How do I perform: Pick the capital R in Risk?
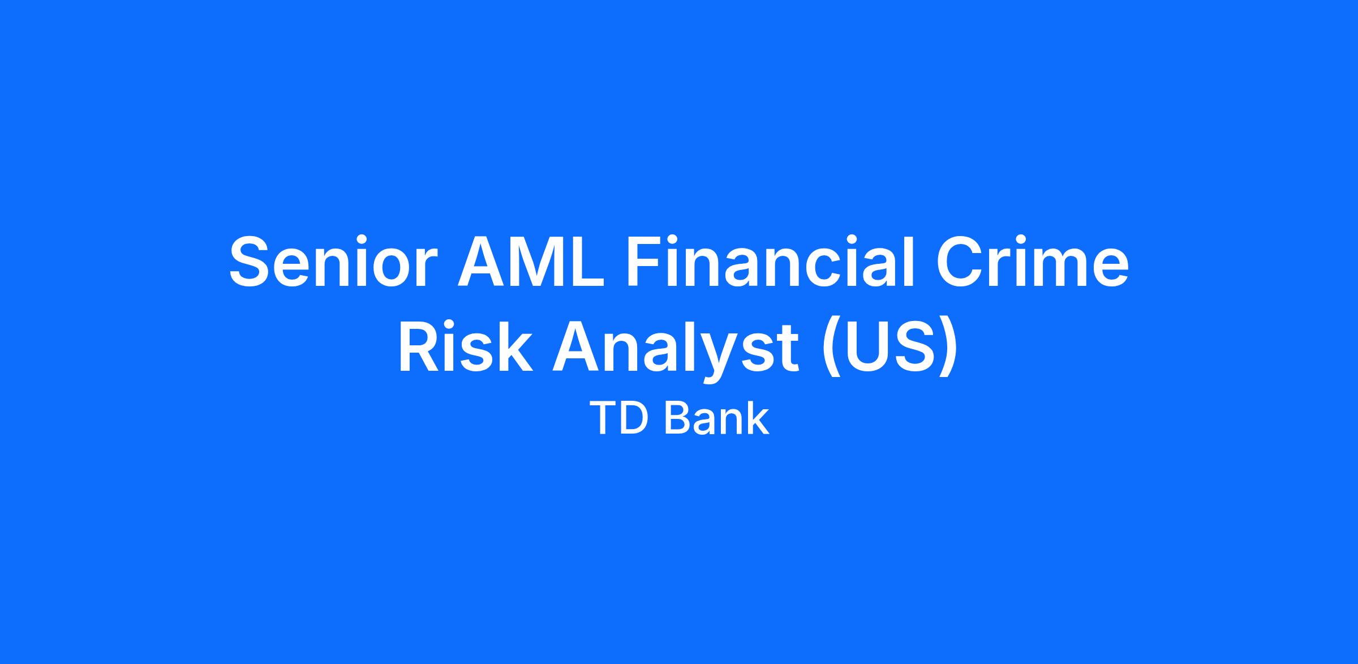(x=420, y=349)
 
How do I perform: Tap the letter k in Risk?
(x=514, y=348)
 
